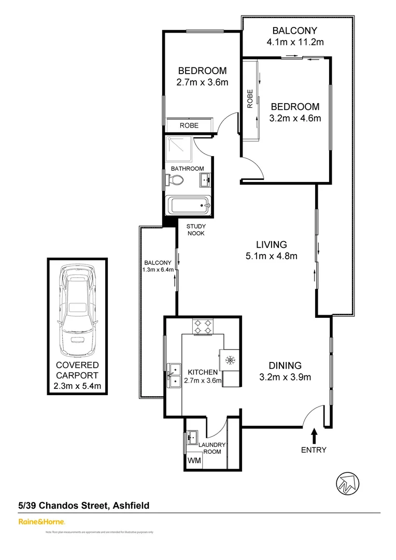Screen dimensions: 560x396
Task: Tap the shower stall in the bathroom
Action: pyautogui.click(x=177, y=149)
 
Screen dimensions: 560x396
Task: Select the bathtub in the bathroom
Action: pyautogui.click(x=188, y=206)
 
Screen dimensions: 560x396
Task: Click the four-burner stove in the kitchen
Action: pyautogui.click(x=203, y=327)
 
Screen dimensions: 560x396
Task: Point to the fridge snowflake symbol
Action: pyautogui.click(x=229, y=359)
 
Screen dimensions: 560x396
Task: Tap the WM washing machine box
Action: pyautogui.click(x=194, y=460)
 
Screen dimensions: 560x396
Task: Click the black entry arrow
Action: pyautogui.click(x=314, y=435)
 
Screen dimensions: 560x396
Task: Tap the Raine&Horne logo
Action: pyautogui.click(x=41, y=521)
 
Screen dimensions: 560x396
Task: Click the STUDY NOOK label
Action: pyautogui.click(x=196, y=230)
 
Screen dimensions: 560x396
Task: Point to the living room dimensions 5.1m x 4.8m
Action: pyautogui.click(x=271, y=255)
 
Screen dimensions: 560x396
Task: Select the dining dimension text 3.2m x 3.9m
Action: pyautogui.click(x=285, y=377)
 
